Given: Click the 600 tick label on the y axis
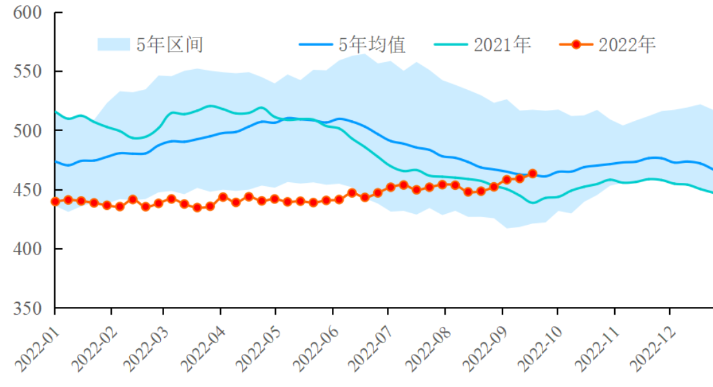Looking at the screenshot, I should [x=27, y=12].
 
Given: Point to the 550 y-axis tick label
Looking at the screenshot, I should [x=27, y=71].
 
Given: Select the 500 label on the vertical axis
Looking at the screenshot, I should [x=27, y=131].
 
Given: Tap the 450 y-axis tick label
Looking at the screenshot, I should [x=27, y=189].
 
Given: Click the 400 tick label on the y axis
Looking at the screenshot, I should [x=27, y=249].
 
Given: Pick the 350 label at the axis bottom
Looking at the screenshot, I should [x=27, y=308].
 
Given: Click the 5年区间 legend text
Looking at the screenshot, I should [x=170, y=45].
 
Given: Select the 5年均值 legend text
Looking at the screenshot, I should [x=373, y=45].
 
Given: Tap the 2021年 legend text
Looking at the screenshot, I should [x=502, y=45].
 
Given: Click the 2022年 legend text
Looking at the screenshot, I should [x=626, y=45].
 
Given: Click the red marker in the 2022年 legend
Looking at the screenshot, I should [x=576, y=45].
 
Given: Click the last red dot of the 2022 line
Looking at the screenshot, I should [x=533, y=173].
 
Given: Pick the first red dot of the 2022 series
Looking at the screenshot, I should [x=56, y=202].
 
